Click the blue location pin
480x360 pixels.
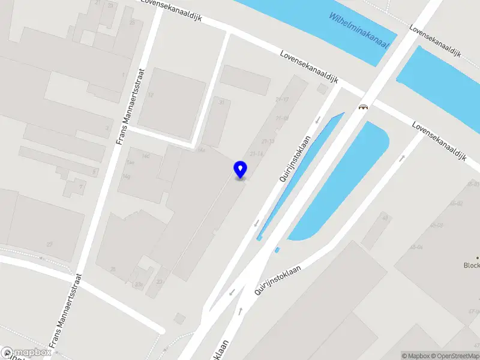point(241,169)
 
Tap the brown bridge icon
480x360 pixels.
point(363,107)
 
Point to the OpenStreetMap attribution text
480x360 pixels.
point(454,356)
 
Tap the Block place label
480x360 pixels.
point(472,265)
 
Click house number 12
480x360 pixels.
point(151,95)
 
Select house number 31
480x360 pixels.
point(222,103)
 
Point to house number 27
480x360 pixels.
point(50,244)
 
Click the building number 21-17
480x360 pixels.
point(282,100)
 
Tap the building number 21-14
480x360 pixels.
point(257,154)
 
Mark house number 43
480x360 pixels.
point(385,218)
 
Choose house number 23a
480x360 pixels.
point(139,284)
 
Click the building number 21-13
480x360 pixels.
point(268,141)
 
